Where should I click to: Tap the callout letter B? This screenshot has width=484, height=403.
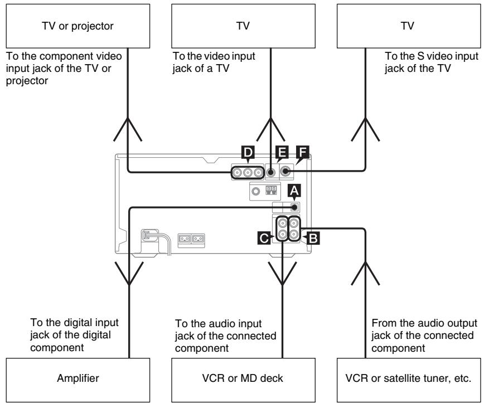click(x=313, y=236)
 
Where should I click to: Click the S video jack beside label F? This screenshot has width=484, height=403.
click(x=285, y=172)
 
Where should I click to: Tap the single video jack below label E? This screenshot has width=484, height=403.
click(x=270, y=172)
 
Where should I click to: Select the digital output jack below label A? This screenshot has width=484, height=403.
click(x=294, y=206)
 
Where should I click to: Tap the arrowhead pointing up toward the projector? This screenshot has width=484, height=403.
click(x=129, y=131)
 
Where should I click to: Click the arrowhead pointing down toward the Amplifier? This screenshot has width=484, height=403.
click(x=129, y=277)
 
